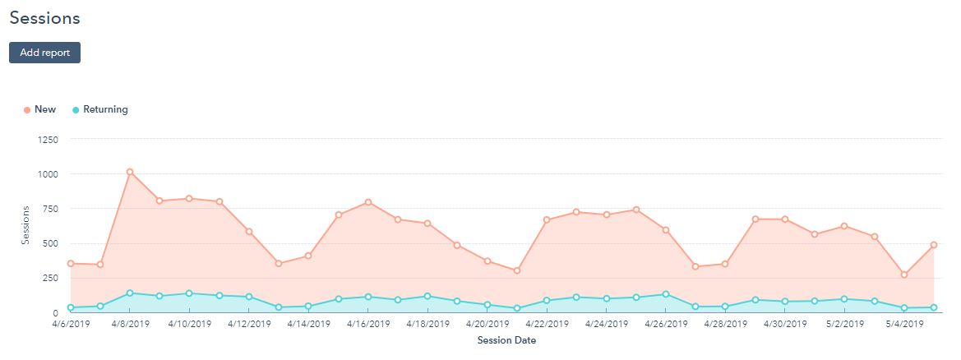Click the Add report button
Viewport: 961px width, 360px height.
(x=44, y=53)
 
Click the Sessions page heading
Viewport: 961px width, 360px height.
(x=45, y=17)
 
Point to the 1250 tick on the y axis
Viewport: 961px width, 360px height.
(x=48, y=140)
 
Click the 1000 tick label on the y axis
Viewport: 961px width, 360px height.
(x=48, y=174)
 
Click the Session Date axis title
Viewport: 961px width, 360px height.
(x=506, y=340)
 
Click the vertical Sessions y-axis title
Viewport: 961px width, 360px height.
(x=25, y=226)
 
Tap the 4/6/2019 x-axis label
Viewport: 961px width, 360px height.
(x=72, y=324)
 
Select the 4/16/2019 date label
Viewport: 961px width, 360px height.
(x=368, y=324)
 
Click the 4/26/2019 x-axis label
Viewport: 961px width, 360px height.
(x=666, y=324)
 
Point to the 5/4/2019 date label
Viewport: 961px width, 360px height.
(x=904, y=324)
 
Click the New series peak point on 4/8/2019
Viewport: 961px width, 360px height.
(x=130, y=172)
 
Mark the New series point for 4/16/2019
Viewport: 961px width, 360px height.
(x=368, y=202)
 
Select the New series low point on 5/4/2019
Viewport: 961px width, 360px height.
(x=904, y=275)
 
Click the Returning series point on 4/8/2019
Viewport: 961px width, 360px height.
(x=130, y=293)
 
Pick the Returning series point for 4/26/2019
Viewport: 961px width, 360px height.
(x=666, y=294)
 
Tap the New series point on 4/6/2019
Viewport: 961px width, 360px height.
(x=71, y=264)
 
